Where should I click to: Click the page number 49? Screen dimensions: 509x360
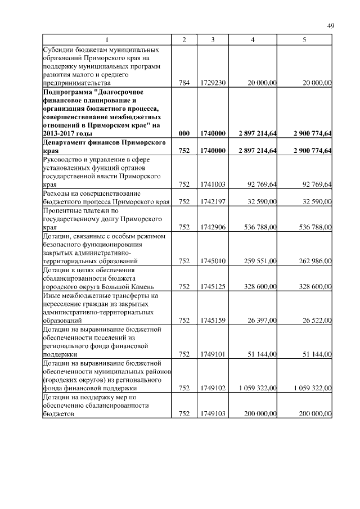(331, 26)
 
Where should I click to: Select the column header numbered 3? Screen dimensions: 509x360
(213, 39)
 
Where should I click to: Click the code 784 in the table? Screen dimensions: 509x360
(184, 83)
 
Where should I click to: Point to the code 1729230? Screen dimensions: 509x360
(213, 83)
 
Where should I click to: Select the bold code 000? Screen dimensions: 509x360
(184, 134)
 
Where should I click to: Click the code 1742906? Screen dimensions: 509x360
(213, 227)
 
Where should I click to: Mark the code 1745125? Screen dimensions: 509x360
(213, 286)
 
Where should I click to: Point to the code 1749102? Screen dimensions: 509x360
(213, 388)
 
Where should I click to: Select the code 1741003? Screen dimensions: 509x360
(213, 184)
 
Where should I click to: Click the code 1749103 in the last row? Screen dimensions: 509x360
(213, 413)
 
